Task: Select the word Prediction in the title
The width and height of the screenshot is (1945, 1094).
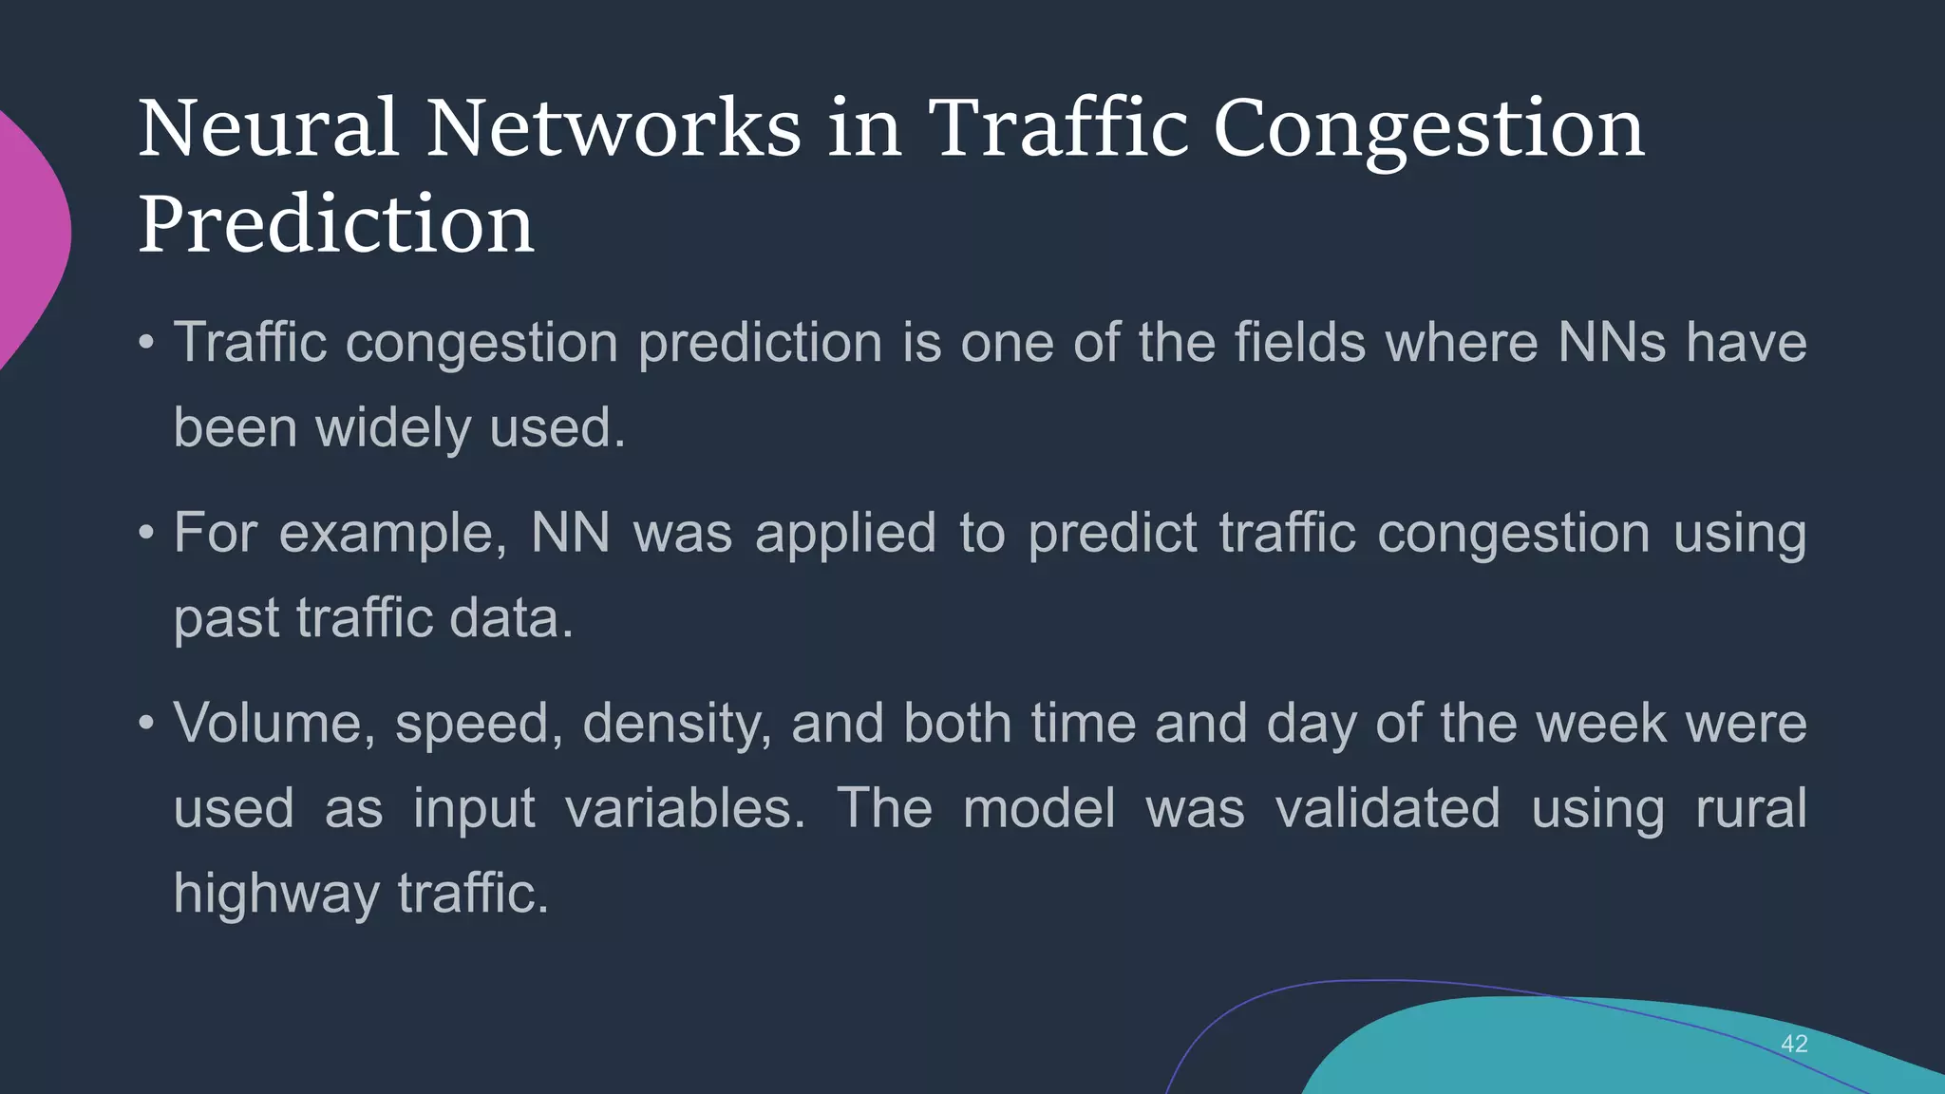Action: point(336,224)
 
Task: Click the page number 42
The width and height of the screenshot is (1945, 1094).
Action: point(1794,1044)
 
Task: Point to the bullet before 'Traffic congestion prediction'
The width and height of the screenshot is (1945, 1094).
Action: point(145,342)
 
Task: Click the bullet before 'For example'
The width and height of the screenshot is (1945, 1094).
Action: point(145,533)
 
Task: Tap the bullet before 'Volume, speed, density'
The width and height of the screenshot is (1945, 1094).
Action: point(145,724)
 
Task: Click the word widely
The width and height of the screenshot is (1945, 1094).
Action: point(392,428)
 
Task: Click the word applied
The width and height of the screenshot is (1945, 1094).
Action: point(845,533)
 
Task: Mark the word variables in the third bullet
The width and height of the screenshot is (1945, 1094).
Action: point(685,808)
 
